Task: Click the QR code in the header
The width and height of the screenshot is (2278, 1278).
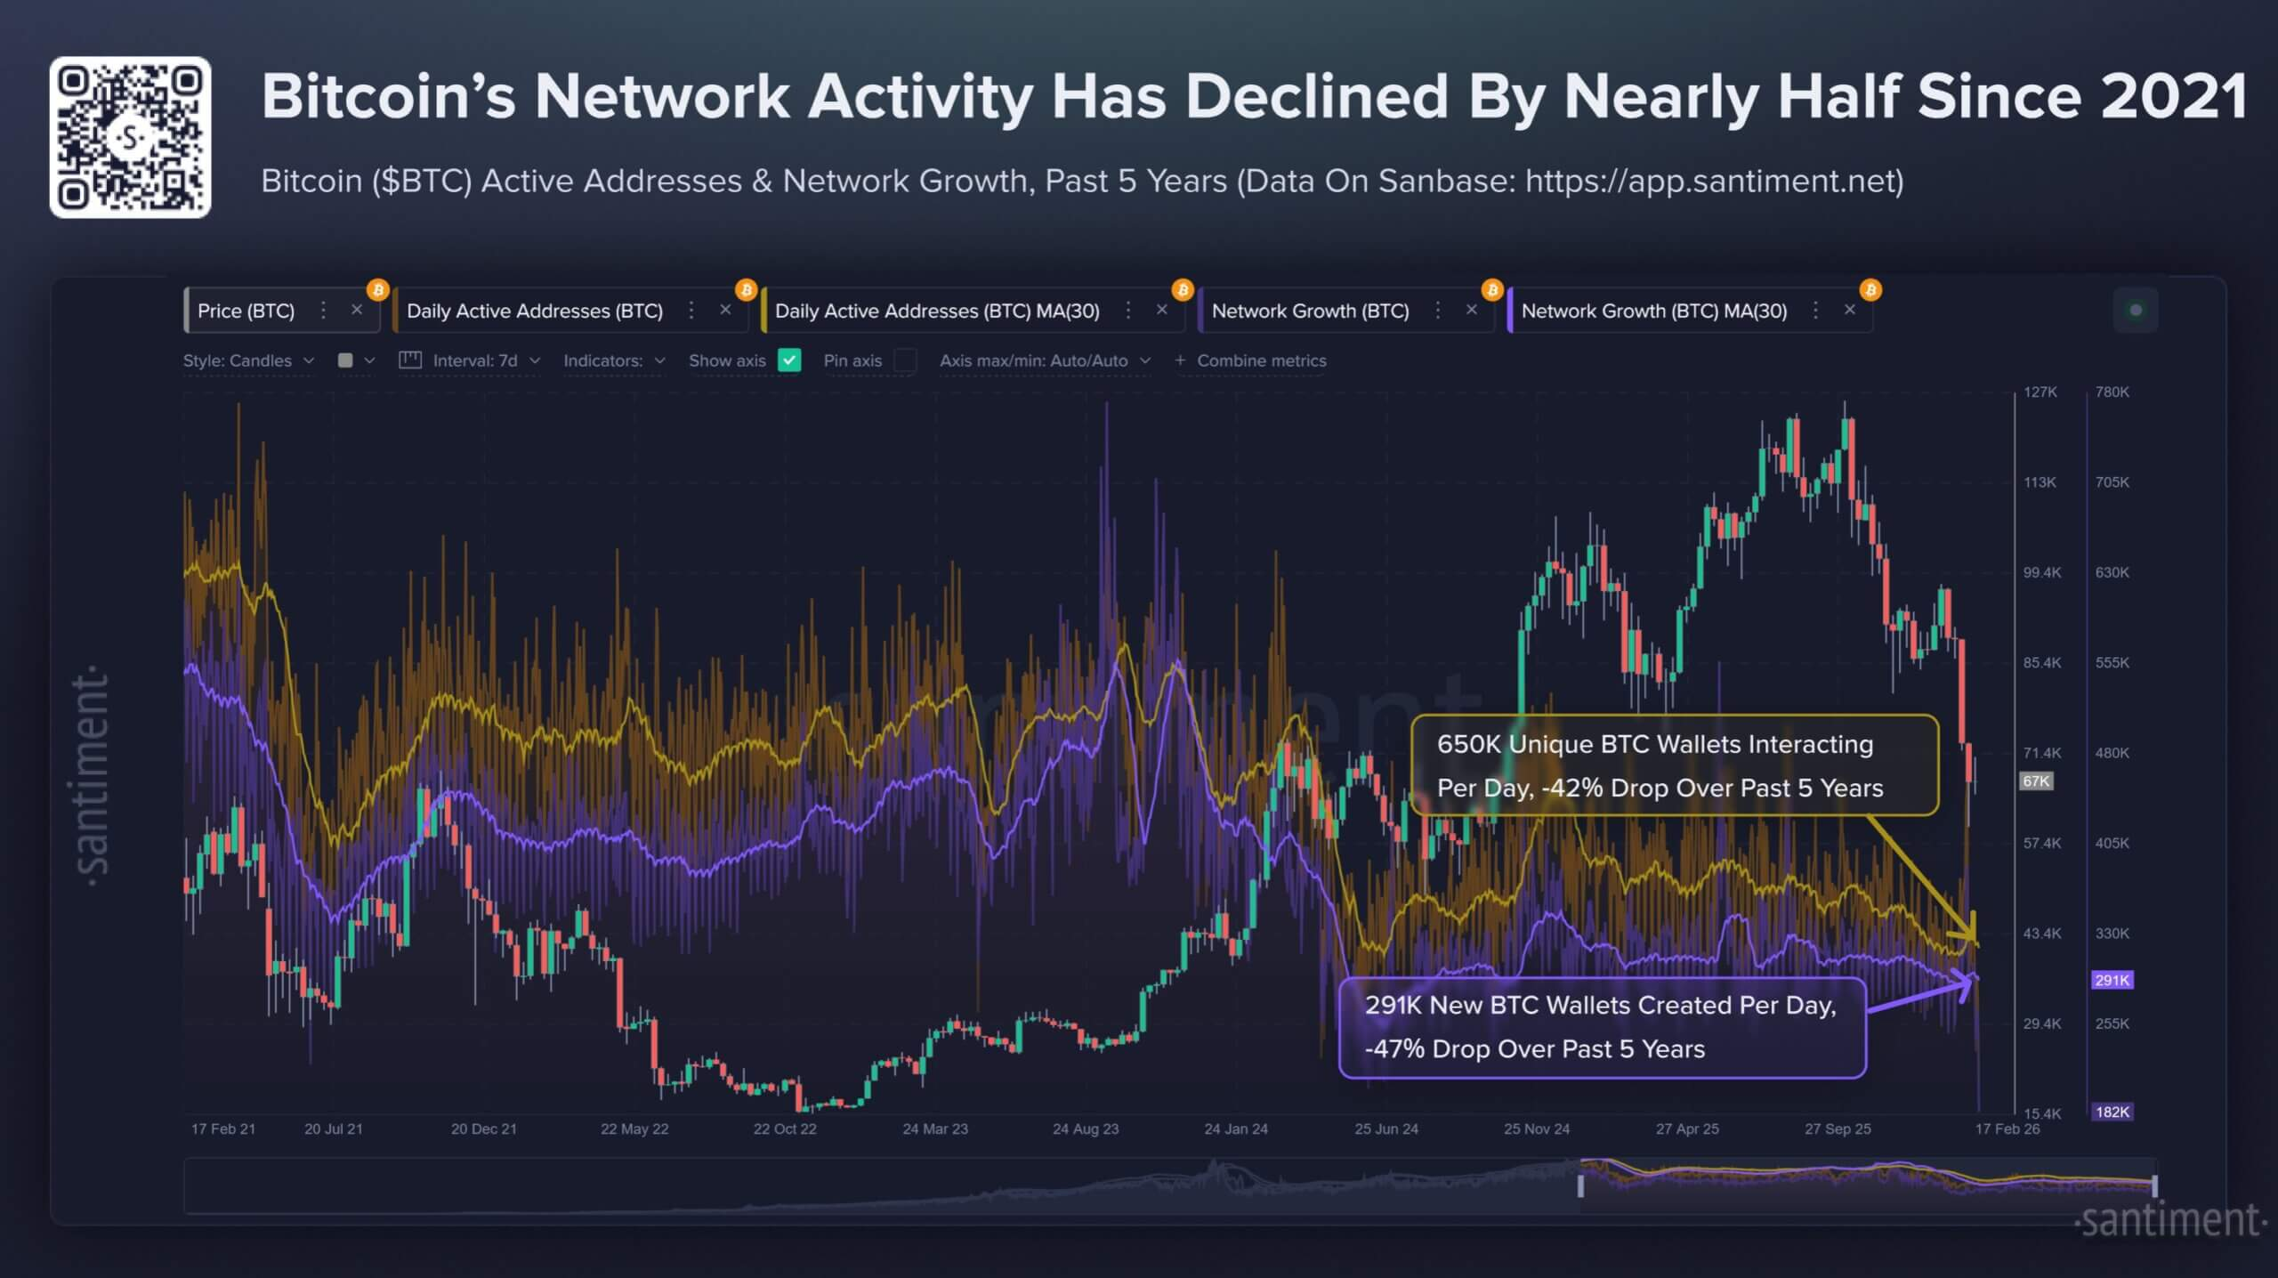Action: coord(130,137)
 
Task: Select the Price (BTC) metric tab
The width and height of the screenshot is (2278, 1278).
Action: coord(246,311)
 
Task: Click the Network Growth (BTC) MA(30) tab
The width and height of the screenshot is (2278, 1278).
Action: coord(1653,311)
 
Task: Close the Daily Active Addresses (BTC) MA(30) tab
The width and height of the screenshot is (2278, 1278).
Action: coord(1161,310)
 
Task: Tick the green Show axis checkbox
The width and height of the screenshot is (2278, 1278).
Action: coord(789,360)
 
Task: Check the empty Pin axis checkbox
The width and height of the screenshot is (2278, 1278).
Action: coord(905,360)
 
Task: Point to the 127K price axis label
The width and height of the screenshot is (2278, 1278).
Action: coord(2040,392)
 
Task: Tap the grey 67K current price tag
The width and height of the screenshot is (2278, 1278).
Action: coord(2036,781)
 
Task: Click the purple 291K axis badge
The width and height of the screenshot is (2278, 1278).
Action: coord(2112,980)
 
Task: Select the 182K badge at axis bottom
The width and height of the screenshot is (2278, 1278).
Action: coord(2112,1112)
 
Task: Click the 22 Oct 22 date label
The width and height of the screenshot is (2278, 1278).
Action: coord(784,1128)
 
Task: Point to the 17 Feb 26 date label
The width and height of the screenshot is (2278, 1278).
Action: coord(2007,1128)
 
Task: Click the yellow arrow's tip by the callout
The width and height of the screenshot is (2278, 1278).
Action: coord(1976,944)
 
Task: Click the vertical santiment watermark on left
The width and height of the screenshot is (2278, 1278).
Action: coord(91,774)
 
